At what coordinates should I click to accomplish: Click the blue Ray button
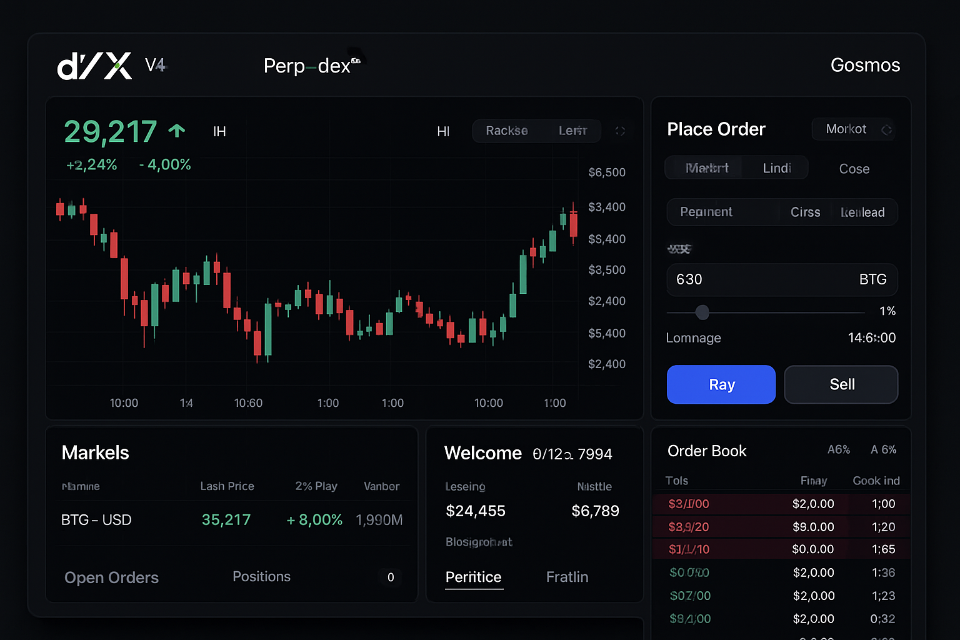click(x=721, y=384)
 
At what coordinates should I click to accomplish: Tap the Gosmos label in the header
click(x=865, y=65)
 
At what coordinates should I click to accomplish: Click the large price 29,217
click(x=110, y=132)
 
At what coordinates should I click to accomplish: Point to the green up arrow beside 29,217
click(x=177, y=131)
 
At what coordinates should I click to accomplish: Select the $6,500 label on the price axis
click(x=606, y=172)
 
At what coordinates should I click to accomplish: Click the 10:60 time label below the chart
click(x=248, y=403)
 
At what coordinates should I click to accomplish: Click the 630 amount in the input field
click(x=689, y=279)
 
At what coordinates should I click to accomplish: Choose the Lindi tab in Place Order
click(x=777, y=168)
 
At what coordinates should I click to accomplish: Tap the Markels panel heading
click(x=96, y=452)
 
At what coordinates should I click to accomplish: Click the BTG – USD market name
click(x=96, y=520)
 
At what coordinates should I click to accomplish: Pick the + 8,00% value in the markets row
click(x=314, y=520)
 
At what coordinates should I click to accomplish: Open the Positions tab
click(x=261, y=577)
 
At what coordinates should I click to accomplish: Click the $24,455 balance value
click(x=476, y=511)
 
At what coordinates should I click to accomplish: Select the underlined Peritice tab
click(x=473, y=577)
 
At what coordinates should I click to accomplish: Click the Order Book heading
click(x=707, y=451)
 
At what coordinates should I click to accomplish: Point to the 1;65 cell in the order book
click(x=883, y=549)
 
